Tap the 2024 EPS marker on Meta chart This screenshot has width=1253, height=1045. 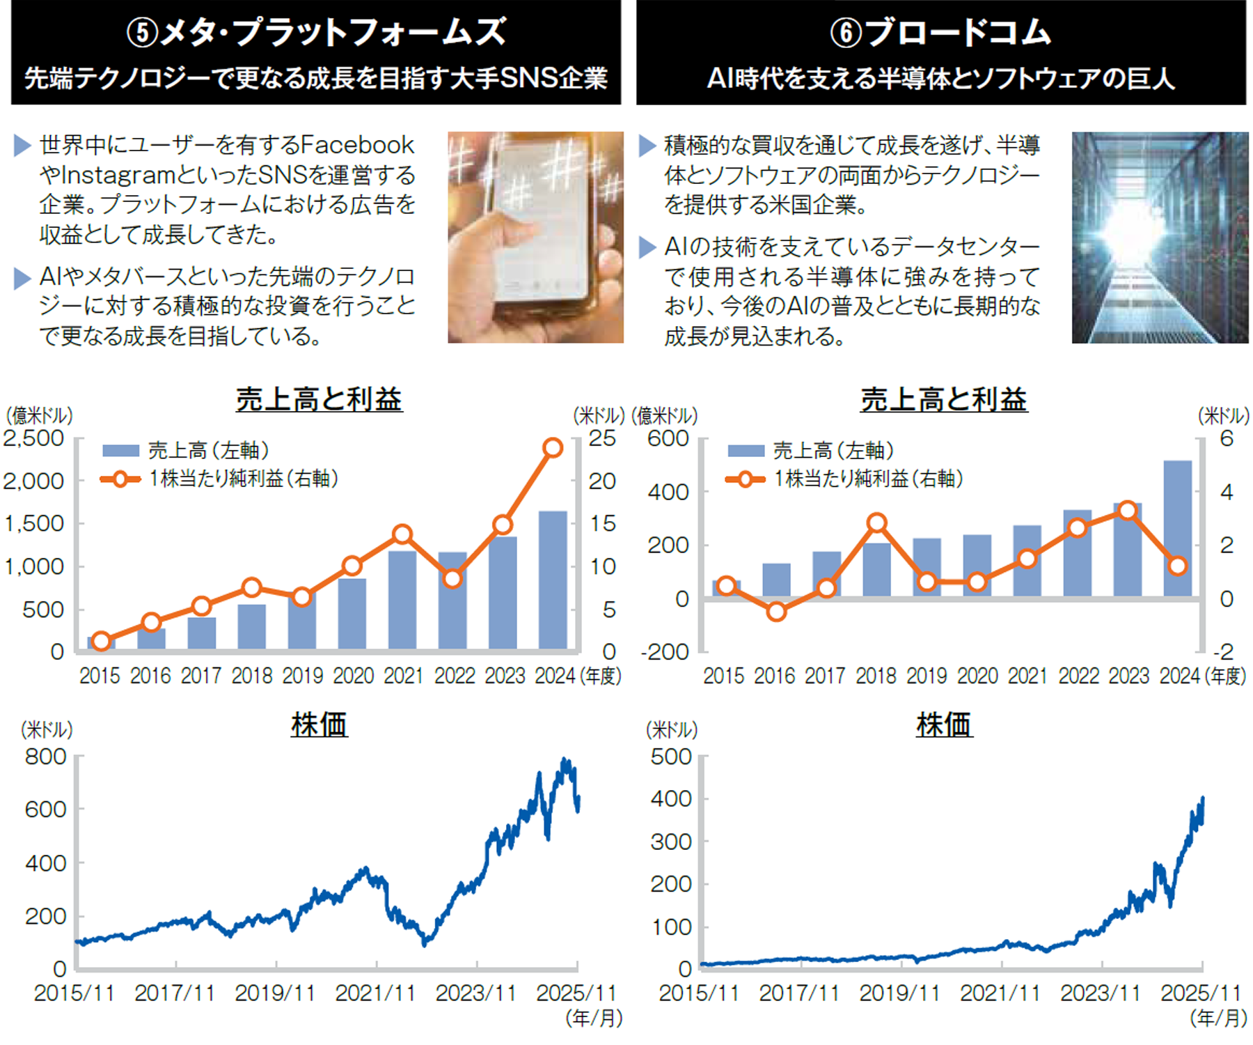(x=553, y=447)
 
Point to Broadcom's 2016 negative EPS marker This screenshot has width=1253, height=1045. (x=776, y=612)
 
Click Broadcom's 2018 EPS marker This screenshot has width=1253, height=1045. (x=876, y=522)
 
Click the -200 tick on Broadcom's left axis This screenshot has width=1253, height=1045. (x=665, y=652)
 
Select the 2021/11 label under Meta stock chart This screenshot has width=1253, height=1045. (x=375, y=993)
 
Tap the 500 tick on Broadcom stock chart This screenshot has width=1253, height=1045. (x=671, y=757)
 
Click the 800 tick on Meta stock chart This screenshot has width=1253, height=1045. (x=45, y=757)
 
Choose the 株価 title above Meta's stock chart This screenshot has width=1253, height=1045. (x=319, y=725)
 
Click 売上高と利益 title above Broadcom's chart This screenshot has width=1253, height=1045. (x=943, y=400)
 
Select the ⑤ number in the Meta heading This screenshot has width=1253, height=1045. (x=143, y=33)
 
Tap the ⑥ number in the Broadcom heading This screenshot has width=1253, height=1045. (x=846, y=33)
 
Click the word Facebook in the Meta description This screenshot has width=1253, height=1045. (x=357, y=146)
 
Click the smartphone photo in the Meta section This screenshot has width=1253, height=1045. (x=535, y=237)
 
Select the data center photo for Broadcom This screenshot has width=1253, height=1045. (x=1160, y=237)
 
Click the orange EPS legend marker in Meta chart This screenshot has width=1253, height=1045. (x=120, y=479)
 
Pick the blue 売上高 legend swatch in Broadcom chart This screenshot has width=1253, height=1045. (x=746, y=451)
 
